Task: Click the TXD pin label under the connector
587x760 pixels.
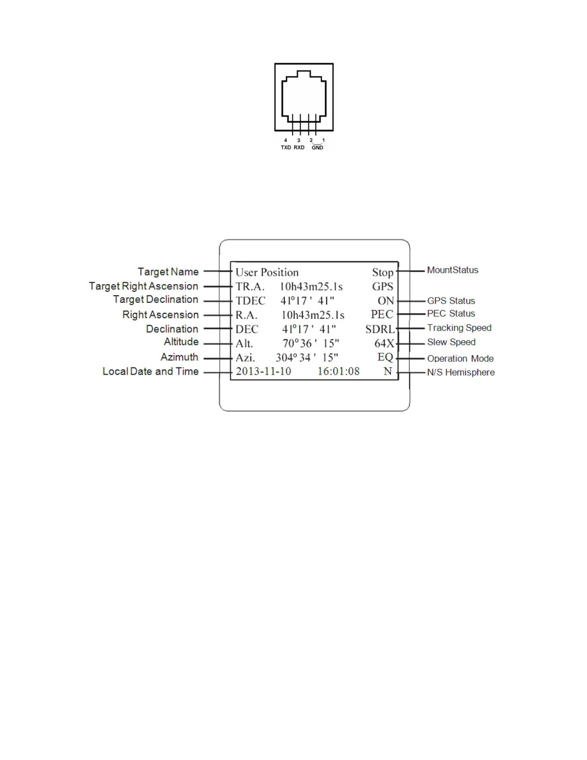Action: click(286, 148)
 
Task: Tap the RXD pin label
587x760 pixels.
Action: click(299, 148)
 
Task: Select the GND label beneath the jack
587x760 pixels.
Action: click(317, 148)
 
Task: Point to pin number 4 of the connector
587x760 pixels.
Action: click(286, 141)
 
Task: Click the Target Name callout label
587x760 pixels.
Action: click(168, 272)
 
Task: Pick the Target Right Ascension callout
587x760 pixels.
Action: click(143, 286)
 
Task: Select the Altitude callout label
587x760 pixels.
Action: click(181, 342)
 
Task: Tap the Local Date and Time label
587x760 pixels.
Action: click(151, 372)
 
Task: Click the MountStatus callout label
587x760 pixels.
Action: click(453, 271)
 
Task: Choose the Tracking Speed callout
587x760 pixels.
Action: click(459, 328)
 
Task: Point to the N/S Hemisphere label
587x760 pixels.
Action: click(461, 373)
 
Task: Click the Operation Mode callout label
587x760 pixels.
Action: click(460, 359)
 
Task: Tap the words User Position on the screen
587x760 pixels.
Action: click(267, 273)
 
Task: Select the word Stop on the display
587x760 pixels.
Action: click(383, 273)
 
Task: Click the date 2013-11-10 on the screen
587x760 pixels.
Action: click(263, 372)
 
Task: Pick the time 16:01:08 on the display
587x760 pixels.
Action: click(339, 372)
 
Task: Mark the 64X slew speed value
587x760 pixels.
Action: click(384, 344)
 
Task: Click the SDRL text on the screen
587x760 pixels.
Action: click(380, 330)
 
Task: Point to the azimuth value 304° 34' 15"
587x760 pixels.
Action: click(307, 358)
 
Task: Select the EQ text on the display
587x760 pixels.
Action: click(386, 357)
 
